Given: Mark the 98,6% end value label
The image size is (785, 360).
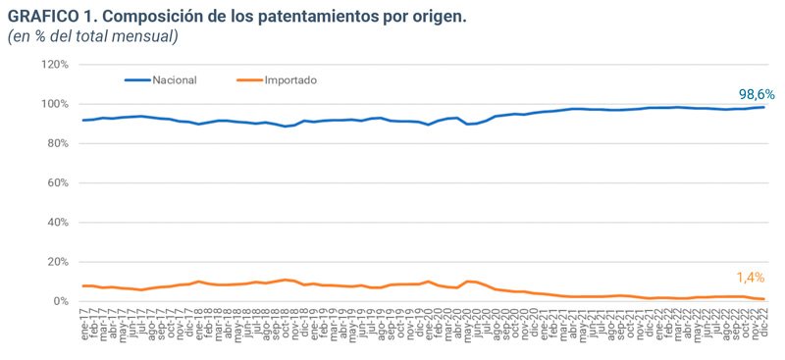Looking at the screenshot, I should tap(757, 94).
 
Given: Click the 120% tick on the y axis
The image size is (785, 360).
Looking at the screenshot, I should tap(54, 65).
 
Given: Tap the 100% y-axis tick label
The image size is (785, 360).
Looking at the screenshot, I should tap(54, 104).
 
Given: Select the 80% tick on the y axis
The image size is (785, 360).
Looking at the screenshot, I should tap(57, 143).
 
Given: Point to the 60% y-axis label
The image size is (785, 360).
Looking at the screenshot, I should tap(57, 183).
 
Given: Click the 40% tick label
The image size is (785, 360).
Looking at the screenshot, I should tap(57, 223).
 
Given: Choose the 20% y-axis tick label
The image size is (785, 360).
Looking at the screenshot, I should tap(57, 262).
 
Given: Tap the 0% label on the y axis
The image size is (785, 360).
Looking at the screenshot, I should tap(60, 301).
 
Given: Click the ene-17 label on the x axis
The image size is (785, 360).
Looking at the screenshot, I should tap(85, 323).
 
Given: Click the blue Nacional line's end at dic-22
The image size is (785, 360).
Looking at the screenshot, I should tap(762, 107).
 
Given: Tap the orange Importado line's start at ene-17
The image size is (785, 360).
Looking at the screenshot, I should tap(83, 285).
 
